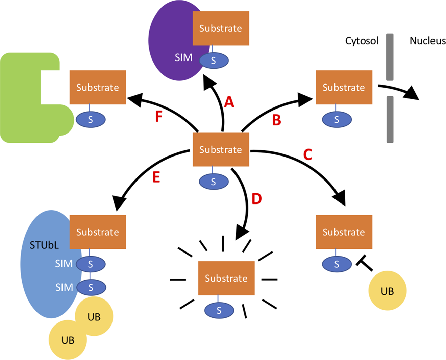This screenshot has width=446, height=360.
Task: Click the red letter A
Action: (x=229, y=102)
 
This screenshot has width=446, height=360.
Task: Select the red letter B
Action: (x=276, y=120)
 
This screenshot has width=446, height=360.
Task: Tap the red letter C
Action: (x=307, y=154)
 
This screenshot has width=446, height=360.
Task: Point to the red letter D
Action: (x=256, y=199)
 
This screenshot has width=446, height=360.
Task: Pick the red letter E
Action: (x=156, y=177)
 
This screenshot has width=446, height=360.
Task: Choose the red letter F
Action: (x=158, y=117)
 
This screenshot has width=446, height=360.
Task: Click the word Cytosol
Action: (x=362, y=41)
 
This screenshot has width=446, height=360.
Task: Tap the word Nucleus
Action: (x=427, y=41)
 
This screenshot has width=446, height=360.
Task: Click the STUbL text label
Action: (x=44, y=245)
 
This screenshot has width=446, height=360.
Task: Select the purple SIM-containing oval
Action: (x=169, y=37)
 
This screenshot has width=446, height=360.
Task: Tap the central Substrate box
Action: (x=221, y=149)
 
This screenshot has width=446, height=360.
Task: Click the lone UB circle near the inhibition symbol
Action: (x=387, y=291)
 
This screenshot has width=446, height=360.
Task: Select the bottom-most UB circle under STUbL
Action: (x=68, y=340)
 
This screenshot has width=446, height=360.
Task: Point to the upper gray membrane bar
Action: (x=390, y=57)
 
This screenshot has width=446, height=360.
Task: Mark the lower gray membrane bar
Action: (x=390, y=119)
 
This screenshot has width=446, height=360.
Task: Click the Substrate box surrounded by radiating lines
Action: (x=226, y=278)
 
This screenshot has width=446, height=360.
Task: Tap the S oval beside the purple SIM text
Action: (x=214, y=61)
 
